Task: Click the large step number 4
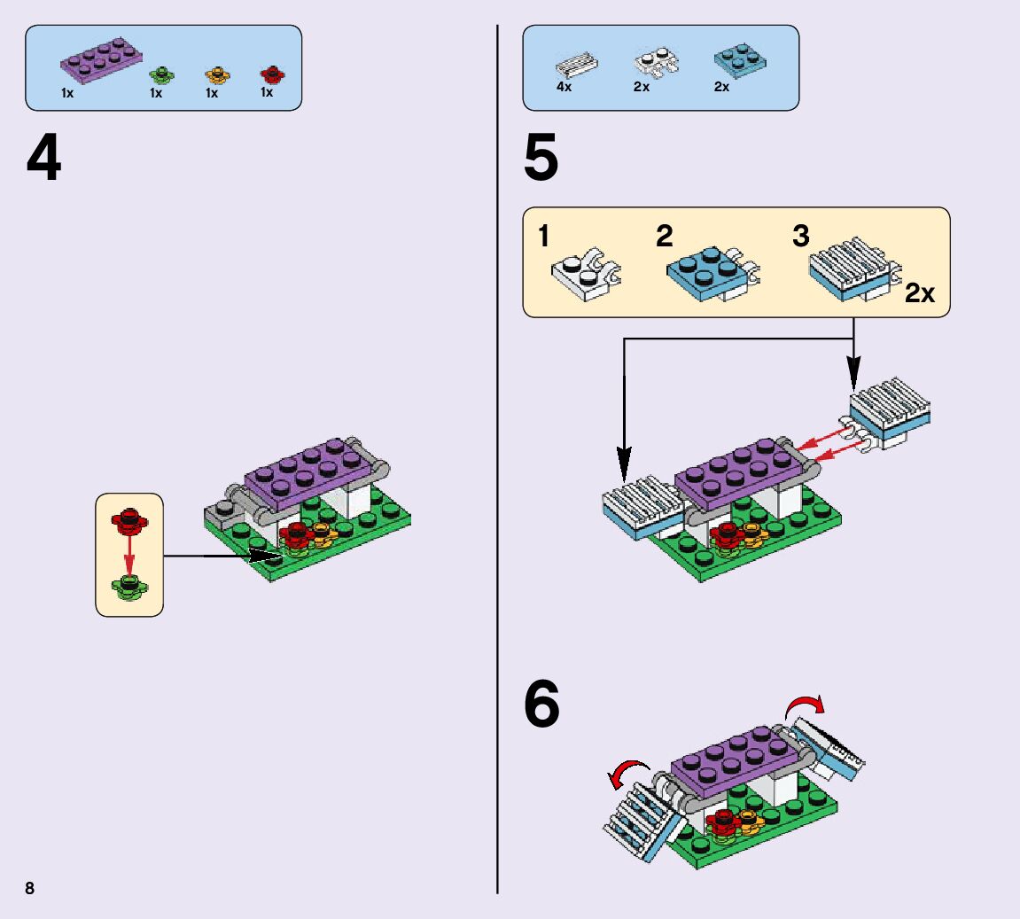tap(43, 160)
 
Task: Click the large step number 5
tap(541, 160)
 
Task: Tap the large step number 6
tap(541, 705)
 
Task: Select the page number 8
tap(30, 889)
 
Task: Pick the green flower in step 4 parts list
tap(160, 74)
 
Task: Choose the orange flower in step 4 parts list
tap(215, 74)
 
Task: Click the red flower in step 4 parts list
tap(269, 74)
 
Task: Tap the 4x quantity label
tap(564, 87)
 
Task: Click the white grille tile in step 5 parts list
tap(576, 67)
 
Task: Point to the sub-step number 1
tap(543, 237)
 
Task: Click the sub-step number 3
tap(800, 237)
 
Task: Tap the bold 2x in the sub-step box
tap(920, 294)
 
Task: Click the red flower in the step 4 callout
tap(129, 521)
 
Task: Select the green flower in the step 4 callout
tap(129, 585)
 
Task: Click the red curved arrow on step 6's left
tap(627, 774)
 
